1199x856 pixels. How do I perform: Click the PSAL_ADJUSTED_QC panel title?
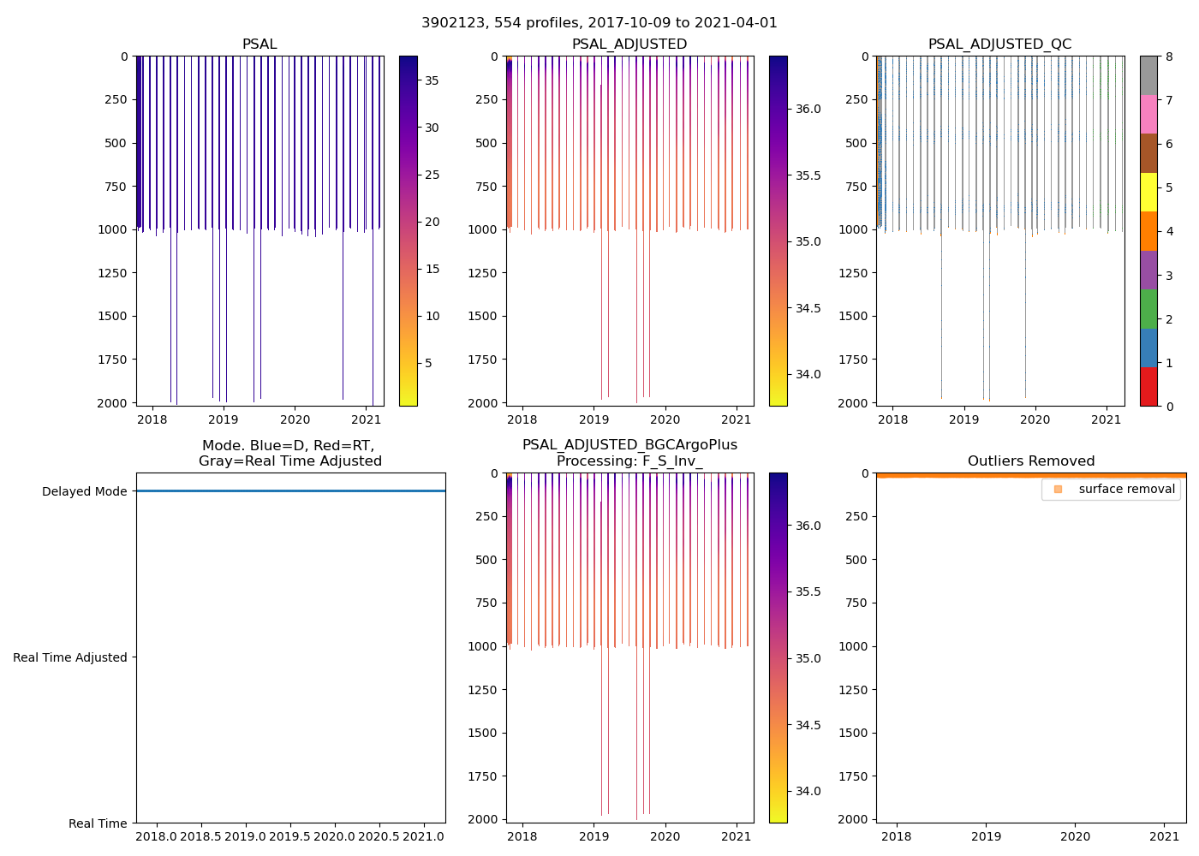coord(999,45)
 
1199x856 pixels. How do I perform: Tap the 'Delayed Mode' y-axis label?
coord(84,491)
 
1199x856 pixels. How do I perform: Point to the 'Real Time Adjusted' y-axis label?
coord(70,657)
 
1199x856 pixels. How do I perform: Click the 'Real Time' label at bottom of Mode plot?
coord(98,823)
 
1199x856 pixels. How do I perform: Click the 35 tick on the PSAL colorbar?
coord(432,80)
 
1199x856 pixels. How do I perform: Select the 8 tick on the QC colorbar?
coord(1169,56)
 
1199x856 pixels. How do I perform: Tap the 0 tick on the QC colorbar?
coord(1169,406)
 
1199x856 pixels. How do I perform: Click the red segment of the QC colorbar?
coord(1148,387)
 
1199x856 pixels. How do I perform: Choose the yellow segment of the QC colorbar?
coord(1148,193)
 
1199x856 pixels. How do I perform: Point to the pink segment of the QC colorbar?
coord(1148,115)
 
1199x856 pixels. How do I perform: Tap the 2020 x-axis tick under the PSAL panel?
coord(295,419)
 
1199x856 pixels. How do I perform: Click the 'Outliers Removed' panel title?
coord(1031,461)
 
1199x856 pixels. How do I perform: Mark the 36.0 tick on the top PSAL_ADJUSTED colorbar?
coord(808,109)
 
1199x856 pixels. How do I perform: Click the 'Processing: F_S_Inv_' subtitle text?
coord(629,461)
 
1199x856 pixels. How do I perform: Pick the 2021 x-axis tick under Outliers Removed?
coord(1165,836)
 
